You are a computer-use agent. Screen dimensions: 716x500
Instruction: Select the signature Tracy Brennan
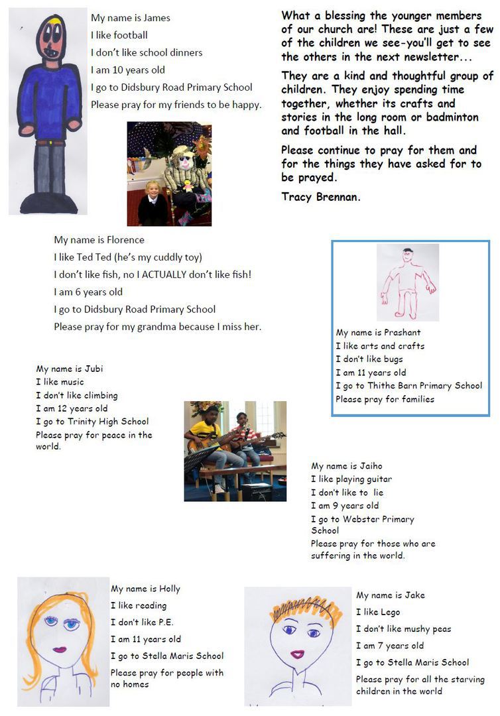[321, 197]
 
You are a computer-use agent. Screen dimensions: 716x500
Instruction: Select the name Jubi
[94, 369]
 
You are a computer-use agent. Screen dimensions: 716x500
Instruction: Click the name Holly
[169, 589]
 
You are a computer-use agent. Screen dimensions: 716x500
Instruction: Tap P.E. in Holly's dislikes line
[164, 623]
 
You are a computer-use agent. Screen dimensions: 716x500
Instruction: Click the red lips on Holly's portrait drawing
[60, 650]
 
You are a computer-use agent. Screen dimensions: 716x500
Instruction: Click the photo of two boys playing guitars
[235, 451]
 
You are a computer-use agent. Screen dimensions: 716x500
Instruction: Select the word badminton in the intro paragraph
[448, 117]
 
